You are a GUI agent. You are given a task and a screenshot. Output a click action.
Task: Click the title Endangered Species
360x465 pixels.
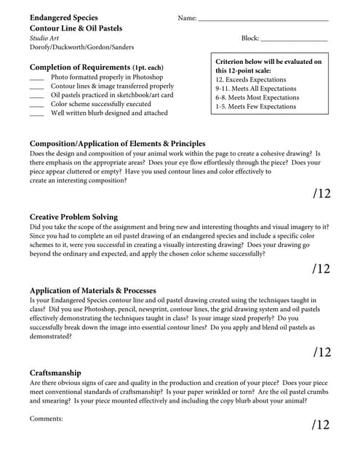coord(63,17)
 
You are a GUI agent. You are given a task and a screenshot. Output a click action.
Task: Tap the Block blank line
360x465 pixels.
coord(293,40)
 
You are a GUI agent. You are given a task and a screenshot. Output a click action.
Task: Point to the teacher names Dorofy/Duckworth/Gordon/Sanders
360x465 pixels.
coord(81,47)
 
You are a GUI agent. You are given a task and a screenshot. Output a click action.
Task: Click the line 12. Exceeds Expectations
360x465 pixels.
coord(251,80)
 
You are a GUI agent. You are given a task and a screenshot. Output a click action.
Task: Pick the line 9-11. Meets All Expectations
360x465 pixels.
coord(256,89)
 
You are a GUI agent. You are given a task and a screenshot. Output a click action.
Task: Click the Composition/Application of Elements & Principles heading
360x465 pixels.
coord(117,144)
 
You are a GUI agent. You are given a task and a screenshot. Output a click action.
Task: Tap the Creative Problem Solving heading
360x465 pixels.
coord(73,217)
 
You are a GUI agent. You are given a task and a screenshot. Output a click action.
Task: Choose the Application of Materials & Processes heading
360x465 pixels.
coord(92,291)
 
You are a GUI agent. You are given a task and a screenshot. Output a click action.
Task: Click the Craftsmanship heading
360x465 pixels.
coord(55,373)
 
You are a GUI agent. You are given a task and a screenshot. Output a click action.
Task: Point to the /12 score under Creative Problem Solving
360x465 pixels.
coord(321,269)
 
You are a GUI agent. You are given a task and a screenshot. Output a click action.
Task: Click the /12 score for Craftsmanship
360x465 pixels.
coord(321,425)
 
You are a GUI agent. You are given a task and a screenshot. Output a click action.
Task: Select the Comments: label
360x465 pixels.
coord(46,418)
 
